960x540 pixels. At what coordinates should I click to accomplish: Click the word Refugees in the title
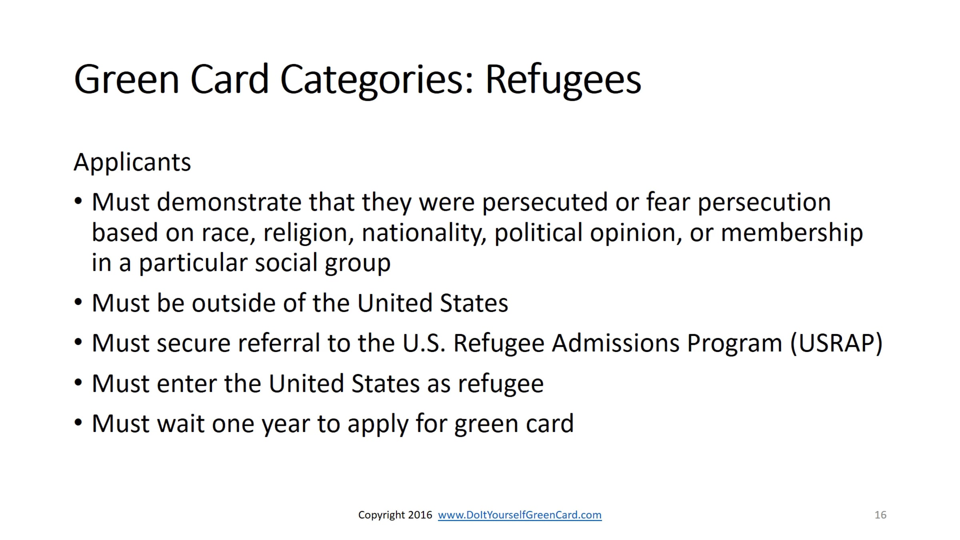pyautogui.click(x=563, y=80)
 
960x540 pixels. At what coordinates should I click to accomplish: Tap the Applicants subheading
pyautogui.click(x=132, y=163)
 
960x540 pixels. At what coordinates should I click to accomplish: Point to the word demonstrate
pyautogui.click(x=228, y=202)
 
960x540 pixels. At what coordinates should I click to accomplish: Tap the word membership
pyautogui.click(x=792, y=233)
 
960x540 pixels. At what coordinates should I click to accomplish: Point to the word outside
pyautogui.click(x=233, y=303)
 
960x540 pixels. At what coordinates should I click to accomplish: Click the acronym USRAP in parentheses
pyautogui.click(x=836, y=344)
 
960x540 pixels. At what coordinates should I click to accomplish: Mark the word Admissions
pyautogui.click(x=616, y=343)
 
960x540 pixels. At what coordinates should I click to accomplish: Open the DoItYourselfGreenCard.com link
pyautogui.click(x=520, y=515)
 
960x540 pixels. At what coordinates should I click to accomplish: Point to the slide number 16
pyautogui.click(x=880, y=515)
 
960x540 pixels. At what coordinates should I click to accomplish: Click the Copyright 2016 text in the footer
pyautogui.click(x=395, y=515)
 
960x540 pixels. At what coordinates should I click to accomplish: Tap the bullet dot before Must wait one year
pyautogui.click(x=78, y=422)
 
